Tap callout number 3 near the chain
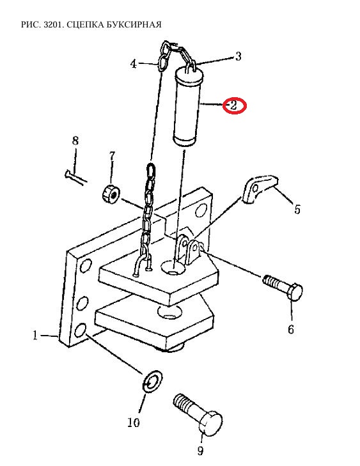click(x=238, y=56)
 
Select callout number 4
click(x=134, y=63)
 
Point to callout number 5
click(x=297, y=210)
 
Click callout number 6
click(x=290, y=329)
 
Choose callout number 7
click(x=112, y=156)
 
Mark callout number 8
click(x=75, y=141)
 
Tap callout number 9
click(x=200, y=451)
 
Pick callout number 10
click(x=134, y=422)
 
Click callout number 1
click(x=35, y=336)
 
